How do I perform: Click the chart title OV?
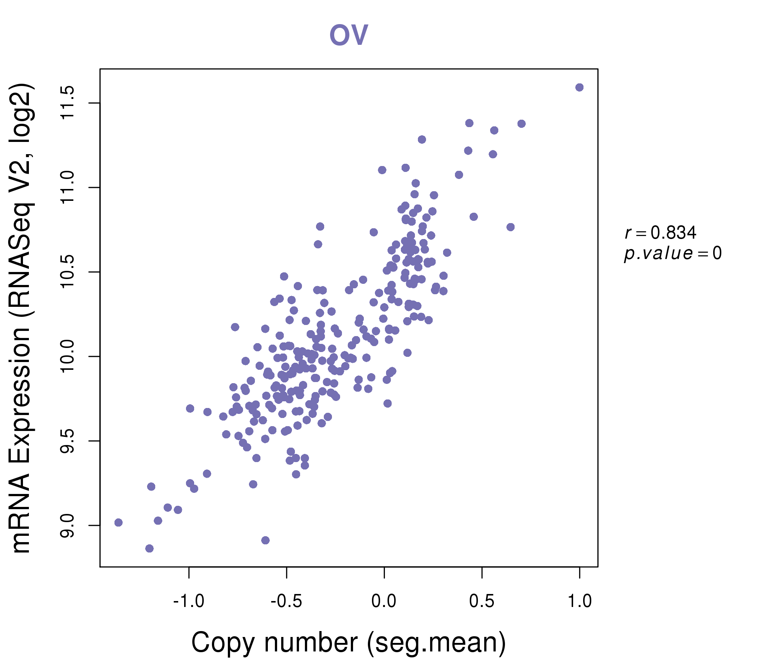tap(349, 35)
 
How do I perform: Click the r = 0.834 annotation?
tap(661, 233)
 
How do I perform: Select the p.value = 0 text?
tap(672, 253)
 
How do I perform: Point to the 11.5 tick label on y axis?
tap(67, 103)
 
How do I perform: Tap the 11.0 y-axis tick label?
tap(67, 188)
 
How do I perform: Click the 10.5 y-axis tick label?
tap(67, 272)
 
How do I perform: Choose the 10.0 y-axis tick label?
tap(67, 356)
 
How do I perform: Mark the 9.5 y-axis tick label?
tap(67, 441)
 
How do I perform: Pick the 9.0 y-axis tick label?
tap(67, 525)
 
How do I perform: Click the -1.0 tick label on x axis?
tap(189, 601)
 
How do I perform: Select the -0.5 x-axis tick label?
tap(286, 601)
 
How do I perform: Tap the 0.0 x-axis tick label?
tap(384, 601)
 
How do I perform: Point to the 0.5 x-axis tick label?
tap(482, 601)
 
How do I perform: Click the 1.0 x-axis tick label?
tap(579, 601)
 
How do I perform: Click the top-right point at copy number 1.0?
tap(579, 87)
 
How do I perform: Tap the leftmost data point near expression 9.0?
tap(119, 522)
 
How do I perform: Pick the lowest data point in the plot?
tap(149, 548)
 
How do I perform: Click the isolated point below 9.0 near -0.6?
tap(266, 540)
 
